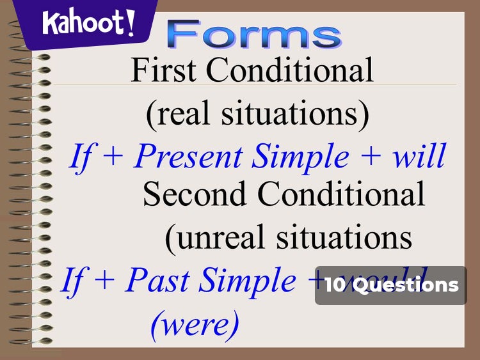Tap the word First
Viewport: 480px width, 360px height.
pyautogui.click(x=164, y=70)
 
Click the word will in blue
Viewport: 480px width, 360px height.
pyautogui.click(x=419, y=157)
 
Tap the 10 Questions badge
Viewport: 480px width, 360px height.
pyautogui.click(x=391, y=285)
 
